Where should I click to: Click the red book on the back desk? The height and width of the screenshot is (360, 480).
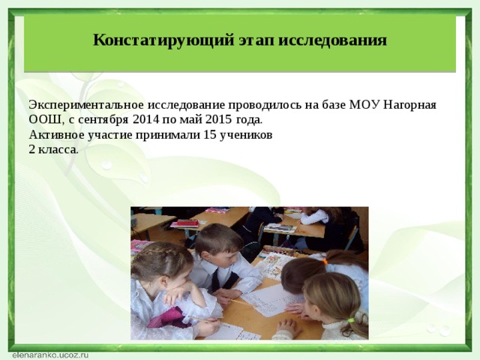tap(183, 223)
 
